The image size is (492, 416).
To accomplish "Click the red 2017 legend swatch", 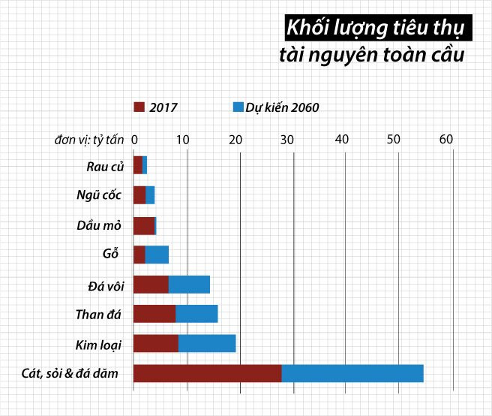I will (x=139, y=107).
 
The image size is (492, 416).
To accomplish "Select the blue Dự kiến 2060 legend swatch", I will (x=238, y=107).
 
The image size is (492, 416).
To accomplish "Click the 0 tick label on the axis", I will (x=134, y=139).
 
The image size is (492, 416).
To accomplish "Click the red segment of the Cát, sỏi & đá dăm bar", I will (x=207, y=373).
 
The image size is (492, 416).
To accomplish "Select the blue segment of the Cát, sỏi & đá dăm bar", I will (x=352, y=373).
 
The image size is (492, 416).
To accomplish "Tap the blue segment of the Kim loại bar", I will (x=207, y=344).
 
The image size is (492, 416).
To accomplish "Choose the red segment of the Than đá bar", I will (x=154, y=314).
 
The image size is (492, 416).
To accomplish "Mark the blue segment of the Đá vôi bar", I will (x=189, y=285).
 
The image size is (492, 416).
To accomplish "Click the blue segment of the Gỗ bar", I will (x=157, y=255).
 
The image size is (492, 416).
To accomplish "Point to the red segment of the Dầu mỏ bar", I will (x=143, y=225).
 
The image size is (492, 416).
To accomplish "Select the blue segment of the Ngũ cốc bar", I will (x=150, y=195).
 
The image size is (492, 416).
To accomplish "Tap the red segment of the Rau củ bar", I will (x=137, y=165).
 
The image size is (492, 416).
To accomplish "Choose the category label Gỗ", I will (x=110, y=255).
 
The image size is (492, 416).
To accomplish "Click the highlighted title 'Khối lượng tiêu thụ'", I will (x=373, y=29).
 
